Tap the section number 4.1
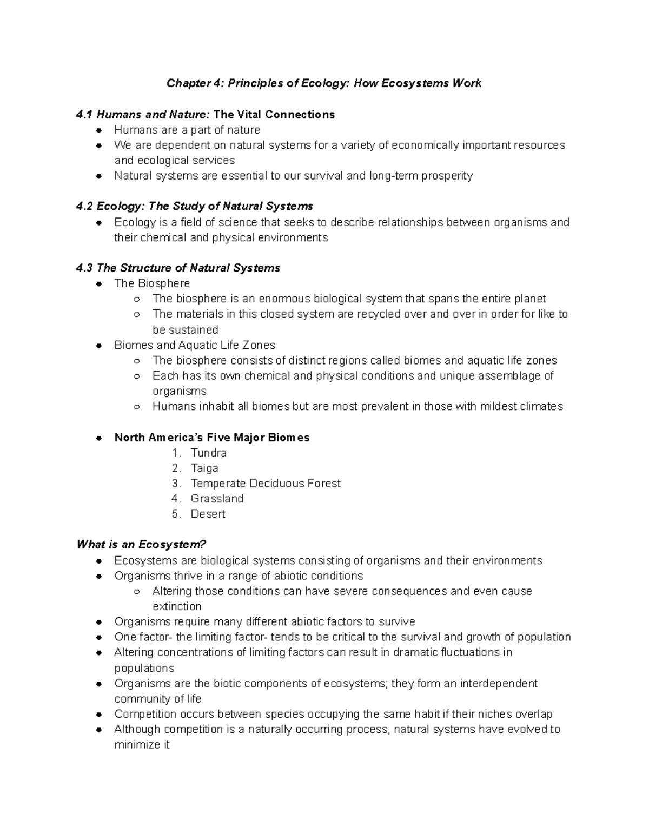coord(84,115)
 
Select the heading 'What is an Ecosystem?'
coord(142,545)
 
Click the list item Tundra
coord(208,453)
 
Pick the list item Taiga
coord(204,468)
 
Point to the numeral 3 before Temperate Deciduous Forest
coord(175,484)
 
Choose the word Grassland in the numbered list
coord(217,499)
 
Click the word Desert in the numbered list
coord(208,514)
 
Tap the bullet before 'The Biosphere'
coord(99,284)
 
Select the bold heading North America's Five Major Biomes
coord(212,438)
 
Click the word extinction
coord(177,606)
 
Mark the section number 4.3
coord(84,268)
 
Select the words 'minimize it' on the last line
coord(142,745)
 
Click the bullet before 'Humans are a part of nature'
coord(99,130)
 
